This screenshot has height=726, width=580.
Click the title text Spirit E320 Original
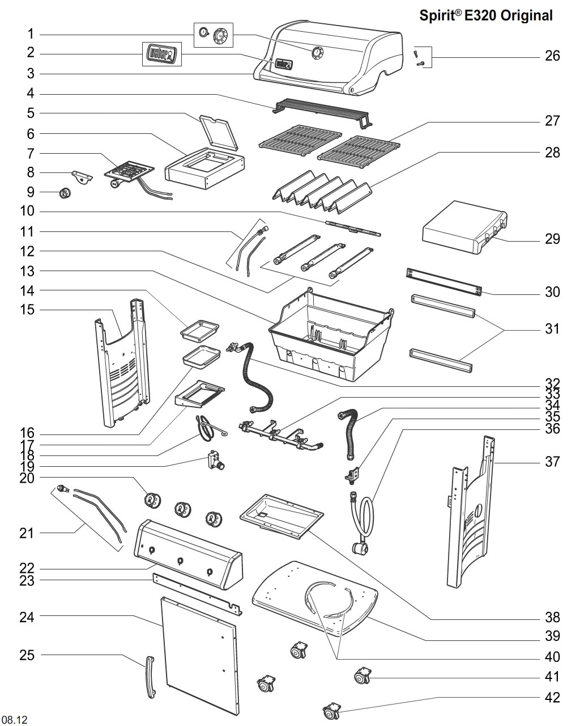(485, 16)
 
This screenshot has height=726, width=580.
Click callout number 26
(552, 56)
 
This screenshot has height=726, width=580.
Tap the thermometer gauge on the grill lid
(317, 53)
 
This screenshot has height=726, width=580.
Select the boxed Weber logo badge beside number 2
(161, 54)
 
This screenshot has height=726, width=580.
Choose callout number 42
(552, 698)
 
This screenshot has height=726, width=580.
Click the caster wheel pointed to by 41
(361, 676)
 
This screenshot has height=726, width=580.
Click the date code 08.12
(14, 720)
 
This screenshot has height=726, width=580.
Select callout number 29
(552, 239)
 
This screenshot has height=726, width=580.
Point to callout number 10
(27, 212)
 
